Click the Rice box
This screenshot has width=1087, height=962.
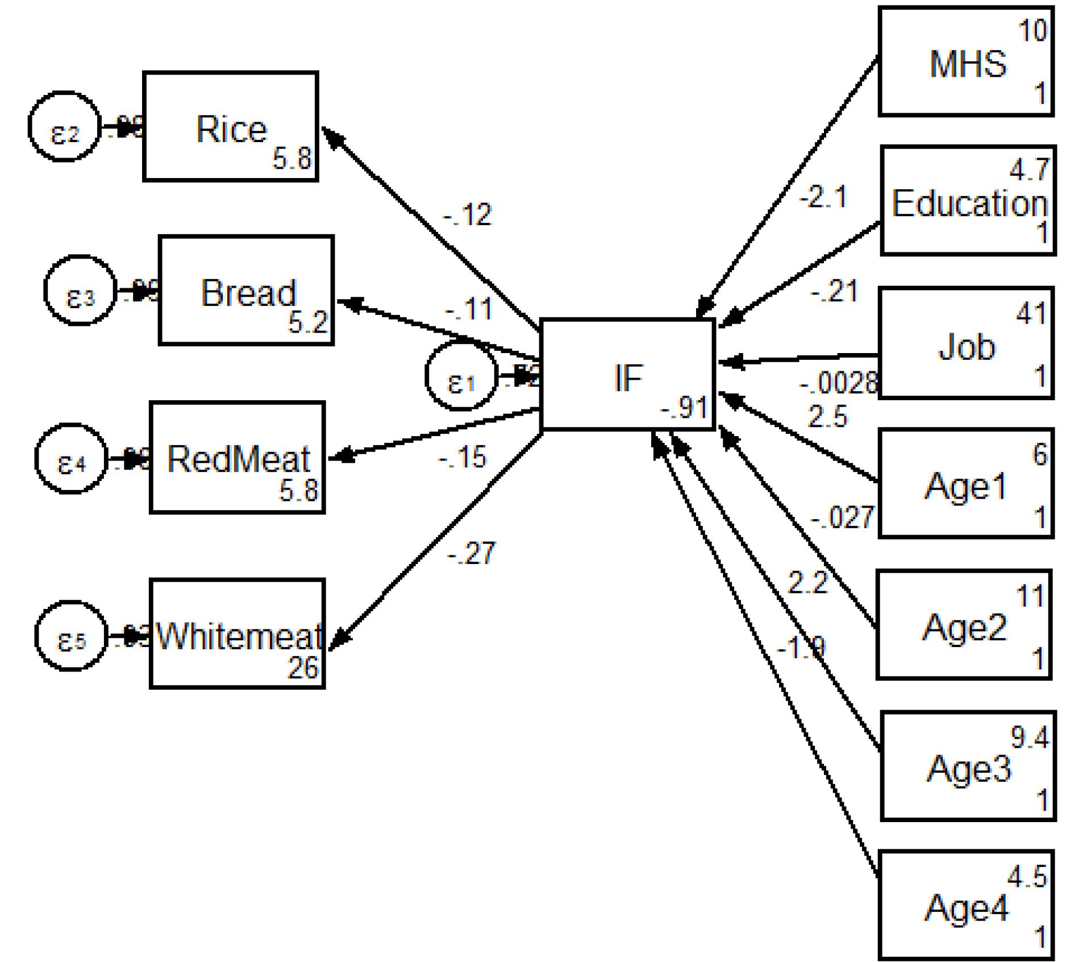click(230, 126)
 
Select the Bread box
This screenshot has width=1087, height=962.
click(246, 290)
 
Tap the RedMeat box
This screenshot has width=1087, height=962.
click(238, 457)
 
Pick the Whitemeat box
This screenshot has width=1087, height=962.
click(238, 633)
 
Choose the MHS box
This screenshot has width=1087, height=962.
click(966, 61)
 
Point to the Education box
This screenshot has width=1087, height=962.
click(968, 201)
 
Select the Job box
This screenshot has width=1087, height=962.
click(966, 343)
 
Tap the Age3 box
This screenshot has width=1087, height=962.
click(968, 766)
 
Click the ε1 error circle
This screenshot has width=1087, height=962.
click(461, 376)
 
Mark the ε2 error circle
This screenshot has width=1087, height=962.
click(64, 126)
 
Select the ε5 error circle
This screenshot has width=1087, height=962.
click(71, 636)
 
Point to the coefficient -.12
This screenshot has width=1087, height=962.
click(467, 215)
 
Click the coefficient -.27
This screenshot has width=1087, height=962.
click(472, 553)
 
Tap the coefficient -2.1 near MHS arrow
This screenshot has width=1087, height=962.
click(823, 197)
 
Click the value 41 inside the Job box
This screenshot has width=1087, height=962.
click(1031, 313)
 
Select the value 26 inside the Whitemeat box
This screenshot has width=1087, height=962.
click(303, 667)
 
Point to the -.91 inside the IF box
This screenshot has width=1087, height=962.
click(684, 408)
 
